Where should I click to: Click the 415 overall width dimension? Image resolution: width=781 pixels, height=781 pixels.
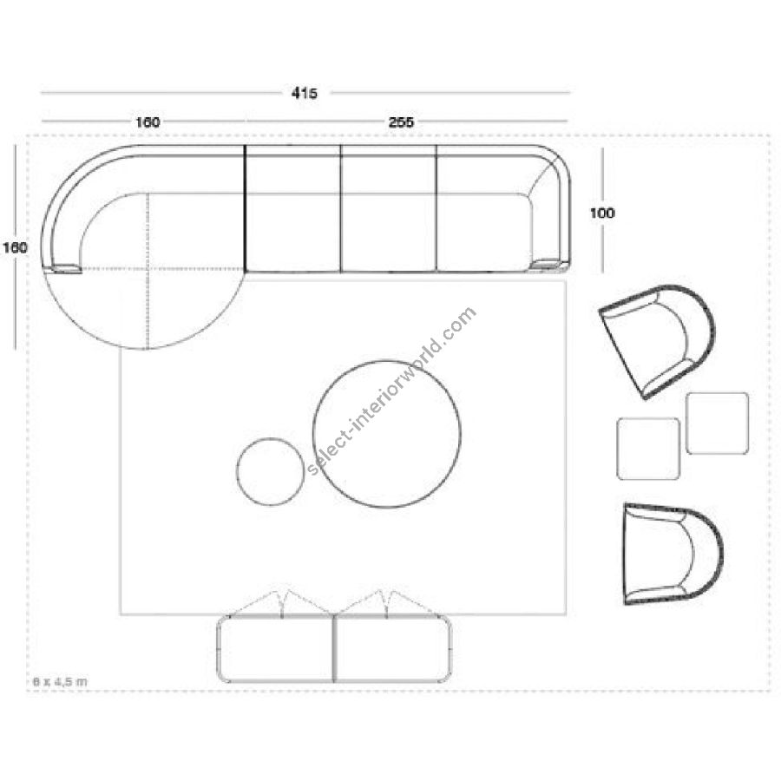point(305,93)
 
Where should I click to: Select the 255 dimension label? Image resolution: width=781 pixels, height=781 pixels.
point(401,122)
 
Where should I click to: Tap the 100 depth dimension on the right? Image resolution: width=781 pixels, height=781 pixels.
point(602,213)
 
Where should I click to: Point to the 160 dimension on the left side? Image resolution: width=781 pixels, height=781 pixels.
point(15,247)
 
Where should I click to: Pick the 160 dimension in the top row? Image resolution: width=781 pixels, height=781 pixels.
point(148,122)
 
